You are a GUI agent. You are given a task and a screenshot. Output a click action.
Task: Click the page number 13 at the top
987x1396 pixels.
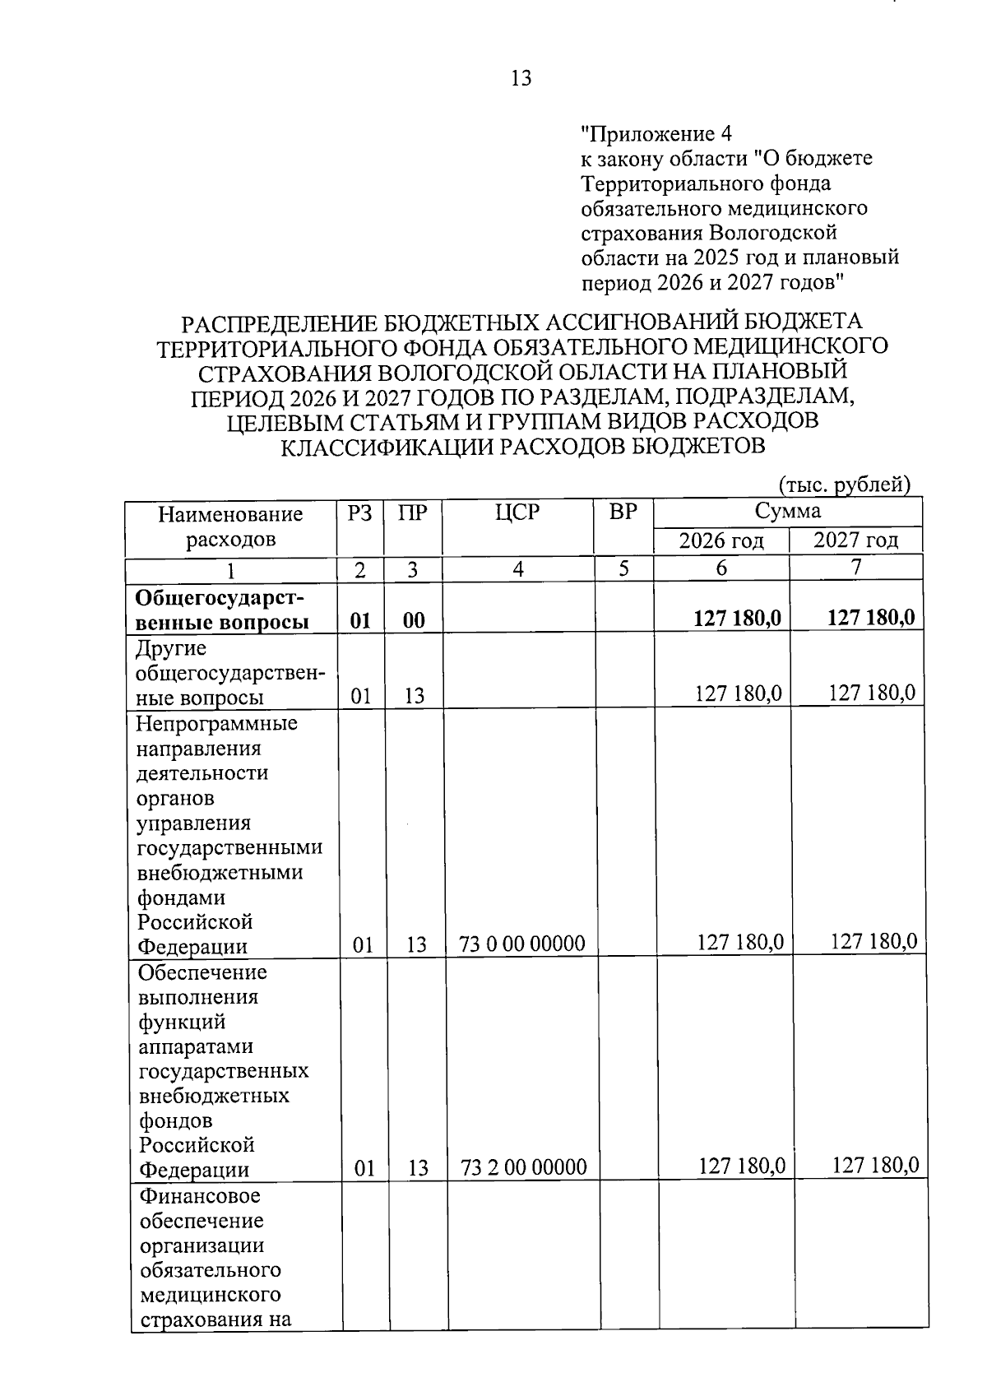click(x=521, y=78)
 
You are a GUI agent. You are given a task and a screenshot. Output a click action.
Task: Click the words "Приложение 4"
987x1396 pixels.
click(x=656, y=133)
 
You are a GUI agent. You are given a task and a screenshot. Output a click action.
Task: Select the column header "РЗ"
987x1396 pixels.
click(x=359, y=513)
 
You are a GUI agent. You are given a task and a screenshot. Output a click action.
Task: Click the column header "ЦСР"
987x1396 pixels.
click(x=517, y=512)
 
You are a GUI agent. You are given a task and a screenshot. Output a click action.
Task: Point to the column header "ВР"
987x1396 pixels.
click(x=623, y=512)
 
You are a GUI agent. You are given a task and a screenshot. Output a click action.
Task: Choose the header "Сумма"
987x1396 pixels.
click(x=788, y=512)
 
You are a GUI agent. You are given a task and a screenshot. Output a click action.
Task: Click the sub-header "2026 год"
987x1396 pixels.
click(x=721, y=540)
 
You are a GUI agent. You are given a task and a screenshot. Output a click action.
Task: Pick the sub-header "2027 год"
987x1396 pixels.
click(x=855, y=540)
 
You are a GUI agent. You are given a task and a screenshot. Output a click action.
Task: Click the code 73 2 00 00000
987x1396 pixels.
click(x=525, y=1167)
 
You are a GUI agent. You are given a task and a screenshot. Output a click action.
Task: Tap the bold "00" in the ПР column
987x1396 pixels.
click(x=415, y=620)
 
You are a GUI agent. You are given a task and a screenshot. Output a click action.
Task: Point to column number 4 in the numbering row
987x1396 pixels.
click(x=518, y=569)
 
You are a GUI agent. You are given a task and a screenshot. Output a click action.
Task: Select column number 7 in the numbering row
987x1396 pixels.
click(x=856, y=568)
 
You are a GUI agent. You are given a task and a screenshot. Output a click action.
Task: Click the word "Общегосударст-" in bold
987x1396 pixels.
click(x=212, y=596)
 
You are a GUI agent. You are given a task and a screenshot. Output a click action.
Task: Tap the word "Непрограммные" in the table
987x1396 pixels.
click(x=217, y=724)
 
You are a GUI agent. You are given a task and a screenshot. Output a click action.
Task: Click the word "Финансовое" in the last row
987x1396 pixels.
click(x=200, y=1195)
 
